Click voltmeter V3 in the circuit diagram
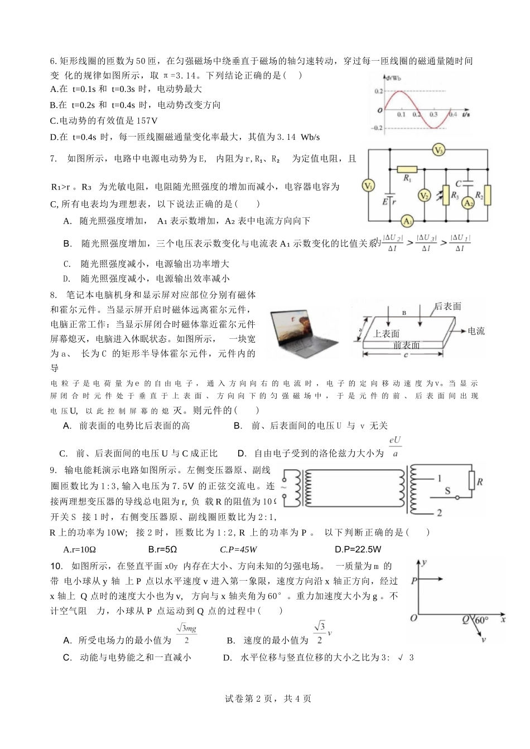coord(439,150)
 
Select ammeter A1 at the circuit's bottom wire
coord(408,221)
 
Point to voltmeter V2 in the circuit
coord(425,195)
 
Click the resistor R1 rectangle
coord(407,169)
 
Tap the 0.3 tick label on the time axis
coord(433,114)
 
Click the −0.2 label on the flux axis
coord(378,128)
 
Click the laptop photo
coord(303,333)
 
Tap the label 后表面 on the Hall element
coord(448,307)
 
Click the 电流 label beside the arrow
coord(476,331)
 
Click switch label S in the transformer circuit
coord(447,491)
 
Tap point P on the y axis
coord(414,580)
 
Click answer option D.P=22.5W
coord(358,549)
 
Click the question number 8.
coord(54,295)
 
